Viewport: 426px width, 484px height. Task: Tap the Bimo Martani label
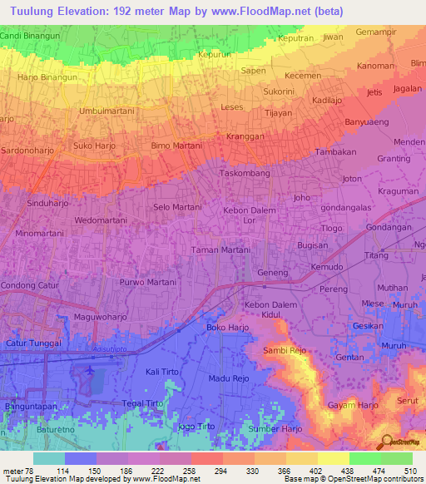pos(176,146)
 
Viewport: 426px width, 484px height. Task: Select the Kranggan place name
pos(245,136)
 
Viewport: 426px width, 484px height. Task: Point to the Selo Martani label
pos(176,206)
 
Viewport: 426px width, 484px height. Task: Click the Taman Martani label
pos(220,250)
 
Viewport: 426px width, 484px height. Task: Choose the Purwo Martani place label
pos(148,283)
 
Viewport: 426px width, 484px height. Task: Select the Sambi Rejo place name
pos(285,351)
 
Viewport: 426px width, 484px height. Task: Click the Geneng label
pos(273,273)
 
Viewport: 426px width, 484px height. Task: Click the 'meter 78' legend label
pos(18,470)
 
